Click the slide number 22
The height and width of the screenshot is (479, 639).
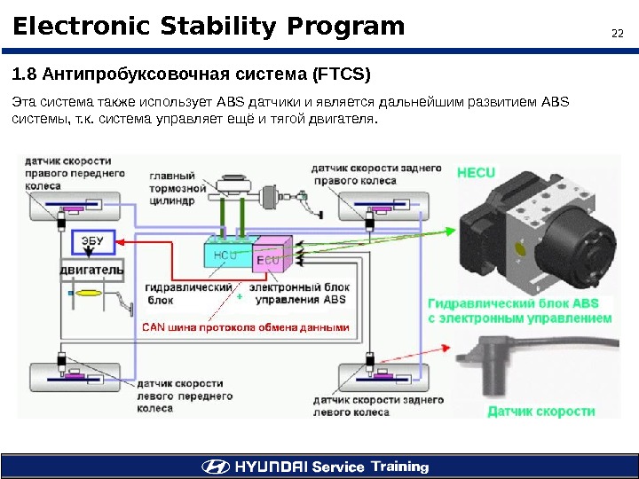[619, 35]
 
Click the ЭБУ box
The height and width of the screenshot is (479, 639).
[92, 239]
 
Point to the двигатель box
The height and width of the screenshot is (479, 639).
[91, 266]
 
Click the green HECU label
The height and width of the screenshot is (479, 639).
[476, 172]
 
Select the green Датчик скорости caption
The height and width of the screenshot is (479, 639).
[541, 411]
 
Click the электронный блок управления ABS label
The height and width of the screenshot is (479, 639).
[298, 294]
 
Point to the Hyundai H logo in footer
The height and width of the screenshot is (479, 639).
[214, 467]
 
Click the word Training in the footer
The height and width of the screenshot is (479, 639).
[399, 467]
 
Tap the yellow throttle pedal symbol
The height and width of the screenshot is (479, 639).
[90, 292]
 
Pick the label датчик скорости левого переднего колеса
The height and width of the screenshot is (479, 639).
[185, 396]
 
